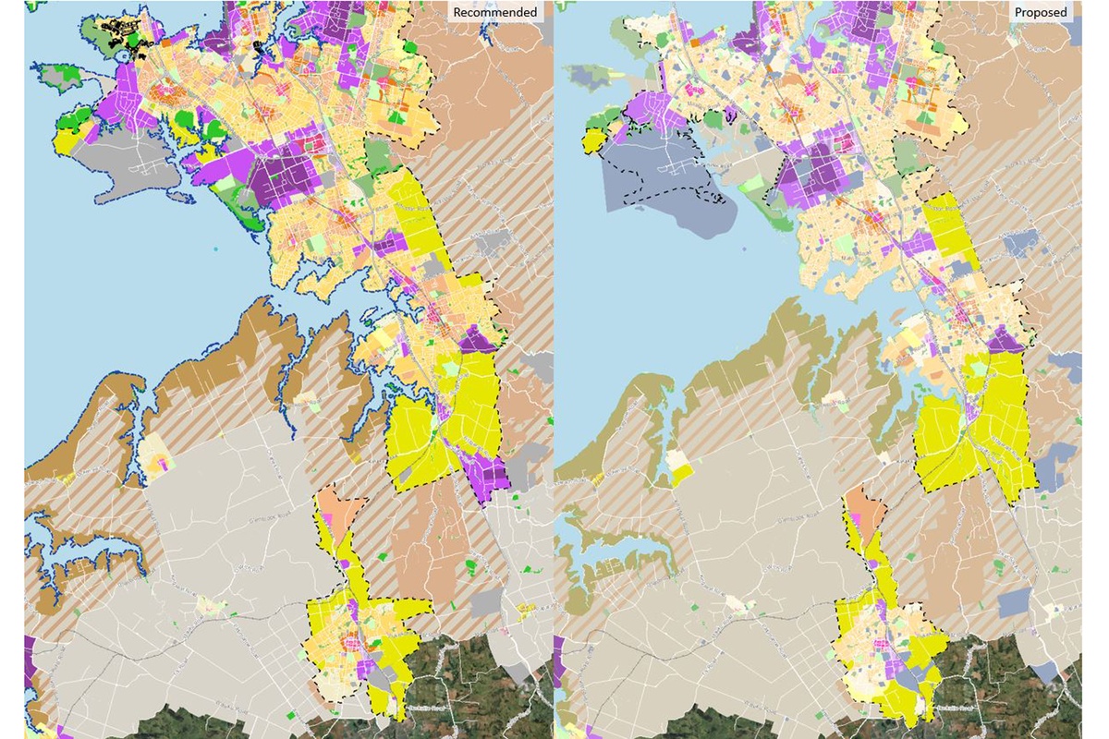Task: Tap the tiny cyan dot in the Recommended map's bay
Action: (215, 249)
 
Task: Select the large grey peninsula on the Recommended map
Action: (139, 176)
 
